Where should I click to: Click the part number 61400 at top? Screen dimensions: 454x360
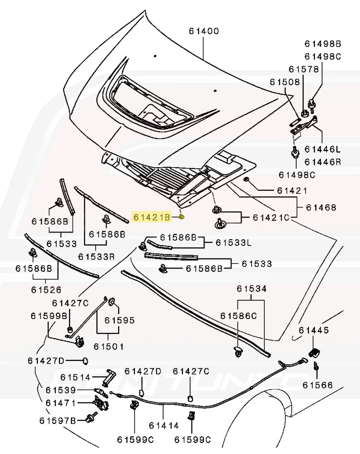click(x=204, y=32)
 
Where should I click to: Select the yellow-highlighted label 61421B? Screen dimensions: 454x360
click(x=152, y=217)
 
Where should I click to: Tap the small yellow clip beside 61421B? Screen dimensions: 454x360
click(x=182, y=217)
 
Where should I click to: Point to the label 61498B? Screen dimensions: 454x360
click(x=322, y=44)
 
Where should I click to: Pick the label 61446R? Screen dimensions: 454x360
click(x=322, y=162)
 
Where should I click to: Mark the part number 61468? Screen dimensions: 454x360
click(x=321, y=208)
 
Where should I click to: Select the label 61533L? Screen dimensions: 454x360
click(x=233, y=243)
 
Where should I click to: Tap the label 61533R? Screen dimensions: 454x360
click(x=96, y=257)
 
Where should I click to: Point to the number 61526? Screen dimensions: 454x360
click(x=46, y=290)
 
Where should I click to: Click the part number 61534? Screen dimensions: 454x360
click(x=251, y=289)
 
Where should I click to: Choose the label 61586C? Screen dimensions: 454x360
click(x=239, y=316)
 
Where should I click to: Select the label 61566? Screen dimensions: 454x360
click(x=317, y=385)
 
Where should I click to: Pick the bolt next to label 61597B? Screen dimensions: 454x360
click(x=89, y=419)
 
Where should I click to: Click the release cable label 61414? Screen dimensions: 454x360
click(x=164, y=425)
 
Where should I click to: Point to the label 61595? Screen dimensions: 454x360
click(x=120, y=320)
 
